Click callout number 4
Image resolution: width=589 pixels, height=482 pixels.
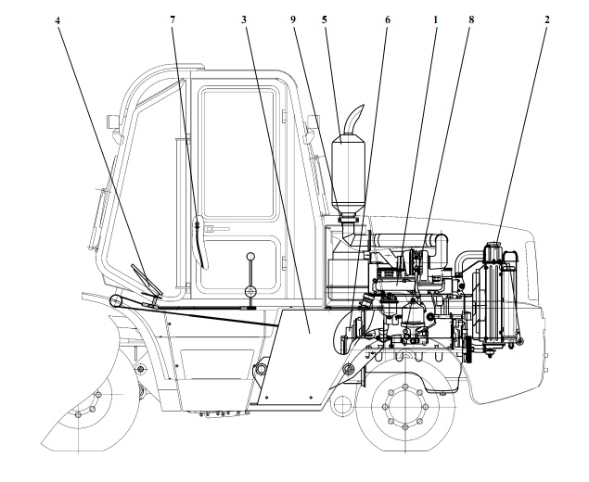click(x=59, y=19)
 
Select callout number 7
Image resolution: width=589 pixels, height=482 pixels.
click(x=173, y=19)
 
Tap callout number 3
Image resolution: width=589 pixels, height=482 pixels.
click(x=243, y=19)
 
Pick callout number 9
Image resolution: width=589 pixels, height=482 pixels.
click(x=294, y=19)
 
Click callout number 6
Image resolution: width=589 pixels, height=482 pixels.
click(x=387, y=19)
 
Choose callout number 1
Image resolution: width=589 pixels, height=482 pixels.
click(x=435, y=19)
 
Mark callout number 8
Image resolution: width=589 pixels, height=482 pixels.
click(x=469, y=19)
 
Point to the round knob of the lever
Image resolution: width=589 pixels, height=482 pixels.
click(x=250, y=257)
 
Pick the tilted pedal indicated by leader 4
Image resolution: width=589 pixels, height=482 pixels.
click(x=144, y=280)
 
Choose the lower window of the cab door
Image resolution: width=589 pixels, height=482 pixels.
click(x=243, y=264)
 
